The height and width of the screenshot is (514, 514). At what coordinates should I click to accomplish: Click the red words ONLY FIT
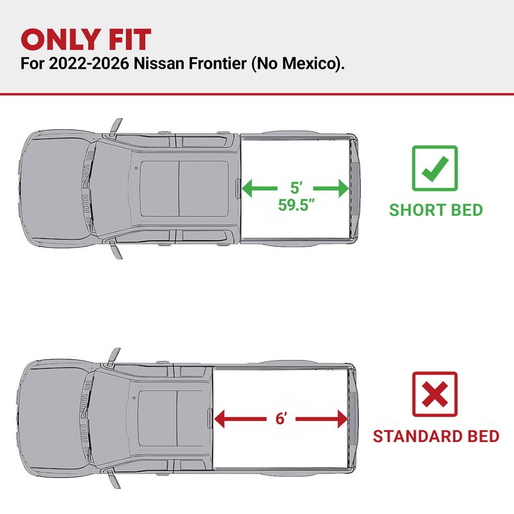[x=86, y=40]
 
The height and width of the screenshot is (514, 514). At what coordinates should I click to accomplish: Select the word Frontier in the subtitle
[x=217, y=63]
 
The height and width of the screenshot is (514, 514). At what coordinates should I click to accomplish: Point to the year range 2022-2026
[x=89, y=63]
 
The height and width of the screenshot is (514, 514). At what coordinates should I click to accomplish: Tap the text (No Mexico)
[x=298, y=64]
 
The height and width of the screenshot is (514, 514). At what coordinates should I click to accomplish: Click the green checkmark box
[x=435, y=168]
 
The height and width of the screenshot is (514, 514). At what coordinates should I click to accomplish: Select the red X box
[x=435, y=394]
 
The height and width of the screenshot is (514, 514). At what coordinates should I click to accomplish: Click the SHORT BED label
[x=436, y=210]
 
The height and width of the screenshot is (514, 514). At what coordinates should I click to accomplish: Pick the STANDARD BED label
[x=436, y=436]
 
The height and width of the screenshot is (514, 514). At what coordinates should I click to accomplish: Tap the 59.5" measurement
[x=296, y=205]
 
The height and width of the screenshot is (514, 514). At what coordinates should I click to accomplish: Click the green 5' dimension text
[x=296, y=188]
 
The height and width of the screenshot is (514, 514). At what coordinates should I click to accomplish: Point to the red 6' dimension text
[x=281, y=419]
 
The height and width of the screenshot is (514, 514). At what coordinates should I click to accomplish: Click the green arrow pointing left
[x=260, y=188]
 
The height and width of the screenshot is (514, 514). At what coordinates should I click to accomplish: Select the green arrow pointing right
[x=331, y=188]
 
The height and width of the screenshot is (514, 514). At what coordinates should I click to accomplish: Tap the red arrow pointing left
[x=240, y=419]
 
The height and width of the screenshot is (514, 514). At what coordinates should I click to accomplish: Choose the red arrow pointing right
[x=322, y=419]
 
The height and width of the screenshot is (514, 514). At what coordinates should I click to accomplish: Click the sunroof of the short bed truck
[x=184, y=188]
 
